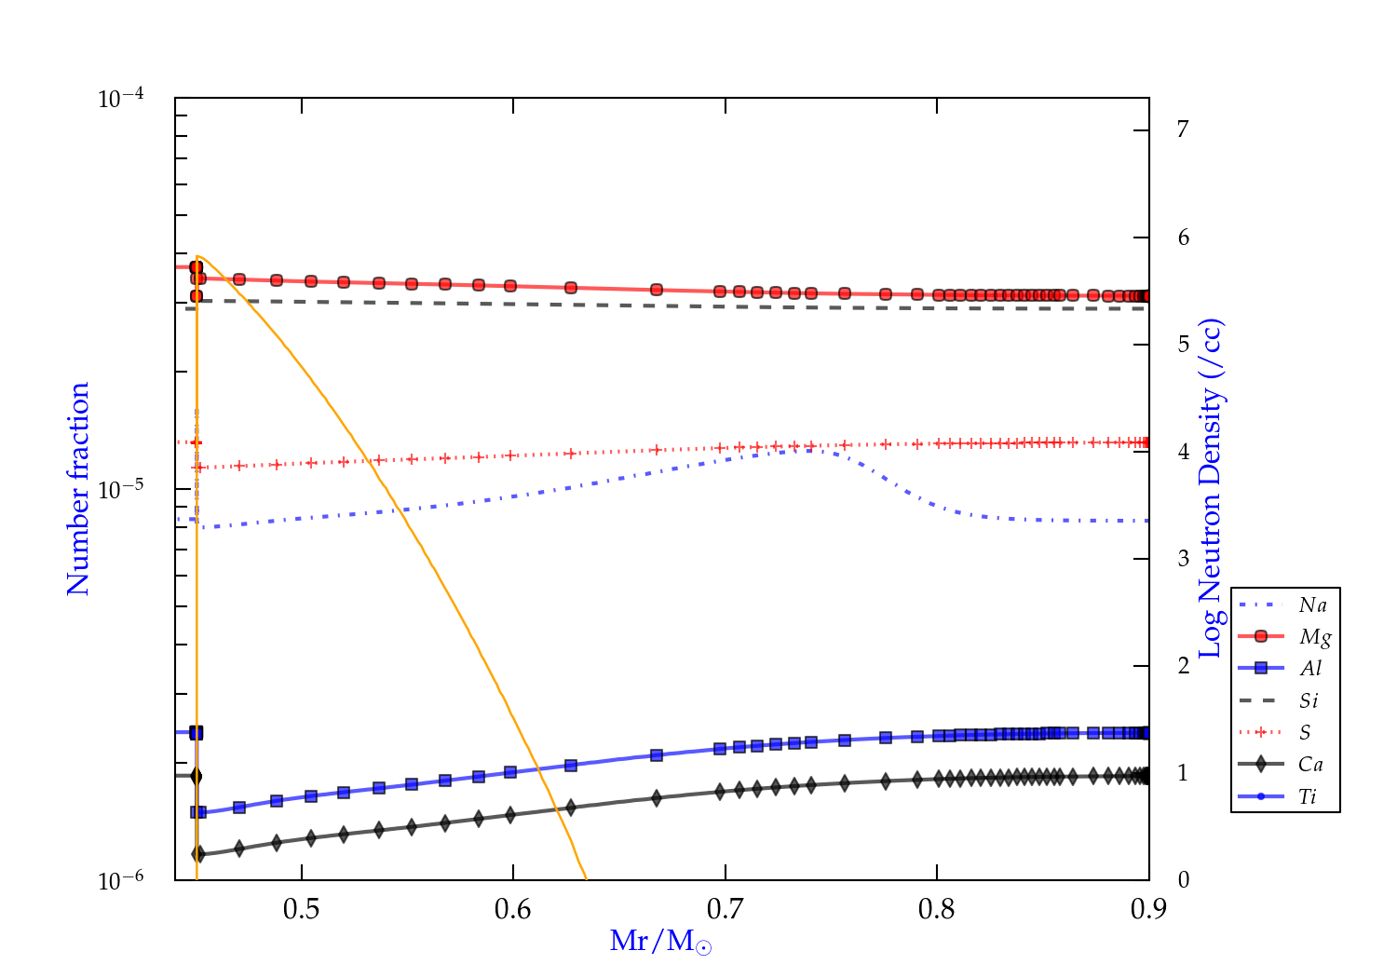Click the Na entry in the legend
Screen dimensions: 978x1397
1312,605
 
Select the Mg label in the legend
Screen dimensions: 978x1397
1314,637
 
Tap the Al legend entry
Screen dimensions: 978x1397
1310,669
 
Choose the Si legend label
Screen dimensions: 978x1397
1309,700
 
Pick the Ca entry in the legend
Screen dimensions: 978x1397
1310,765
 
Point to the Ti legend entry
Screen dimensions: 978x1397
1308,796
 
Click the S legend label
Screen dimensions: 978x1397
1305,733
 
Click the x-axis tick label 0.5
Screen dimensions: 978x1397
301,909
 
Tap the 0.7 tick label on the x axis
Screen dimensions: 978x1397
725,909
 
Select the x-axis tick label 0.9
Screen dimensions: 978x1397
1148,909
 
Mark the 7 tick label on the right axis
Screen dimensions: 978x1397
1183,129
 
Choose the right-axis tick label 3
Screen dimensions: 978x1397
1183,559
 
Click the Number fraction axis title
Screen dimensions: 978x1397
78,489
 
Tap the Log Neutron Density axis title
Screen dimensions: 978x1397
1210,489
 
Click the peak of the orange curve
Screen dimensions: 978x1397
198,256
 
